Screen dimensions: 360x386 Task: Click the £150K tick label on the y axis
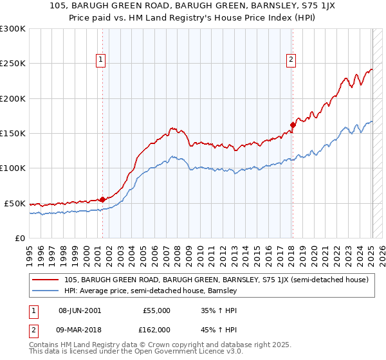pyautogui.click(x=13, y=134)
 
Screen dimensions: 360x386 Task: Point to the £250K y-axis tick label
pyautogui.click(x=13, y=64)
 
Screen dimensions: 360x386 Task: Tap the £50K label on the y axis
pyautogui.click(x=15, y=203)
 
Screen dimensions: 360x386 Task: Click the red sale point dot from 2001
pyautogui.click(x=102, y=199)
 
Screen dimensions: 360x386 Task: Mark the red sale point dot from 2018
pyautogui.click(x=293, y=125)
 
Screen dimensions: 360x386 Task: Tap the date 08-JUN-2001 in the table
pyautogui.click(x=80, y=310)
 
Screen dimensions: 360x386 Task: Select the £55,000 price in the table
pyautogui.click(x=156, y=310)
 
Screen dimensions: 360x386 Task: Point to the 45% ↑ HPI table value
pyautogui.click(x=219, y=329)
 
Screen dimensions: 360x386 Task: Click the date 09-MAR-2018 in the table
pyautogui.click(x=80, y=329)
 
